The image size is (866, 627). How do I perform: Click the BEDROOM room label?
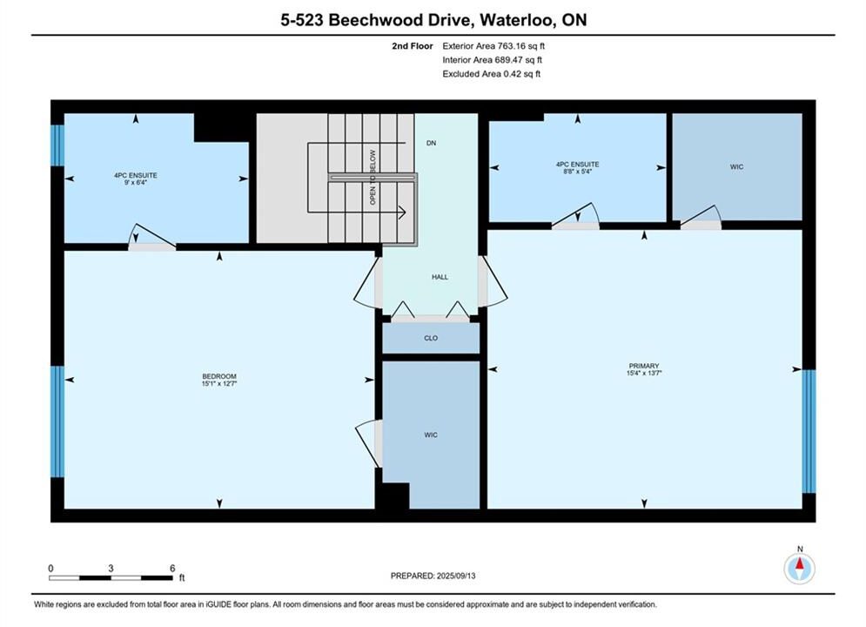(219, 376)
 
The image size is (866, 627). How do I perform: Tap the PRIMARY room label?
(644, 366)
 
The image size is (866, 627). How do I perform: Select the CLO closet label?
(431, 338)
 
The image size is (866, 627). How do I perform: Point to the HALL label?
(440, 277)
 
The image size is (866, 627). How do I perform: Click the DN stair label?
(432, 143)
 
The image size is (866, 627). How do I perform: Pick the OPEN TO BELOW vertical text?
(373, 177)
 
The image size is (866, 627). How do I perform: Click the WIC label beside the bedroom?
(431, 435)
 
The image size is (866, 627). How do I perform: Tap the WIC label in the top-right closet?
(737, 167)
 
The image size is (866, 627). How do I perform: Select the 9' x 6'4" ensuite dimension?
(135, 182)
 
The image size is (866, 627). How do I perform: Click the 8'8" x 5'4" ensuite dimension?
(577, 172)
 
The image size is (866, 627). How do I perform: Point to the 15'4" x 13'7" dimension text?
(644, 373)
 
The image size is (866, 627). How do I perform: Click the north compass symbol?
(799, 567)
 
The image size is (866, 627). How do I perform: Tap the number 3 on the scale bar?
(111, 568)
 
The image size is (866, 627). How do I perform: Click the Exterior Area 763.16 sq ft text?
(493, 46)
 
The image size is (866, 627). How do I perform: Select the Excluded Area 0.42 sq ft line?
(492, 73)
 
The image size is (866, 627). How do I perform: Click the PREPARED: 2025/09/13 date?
(433, 576)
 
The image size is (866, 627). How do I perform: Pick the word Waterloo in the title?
(517, 20)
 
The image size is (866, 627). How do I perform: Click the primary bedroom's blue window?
(809, 431)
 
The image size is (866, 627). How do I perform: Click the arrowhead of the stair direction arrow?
(403, 212)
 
